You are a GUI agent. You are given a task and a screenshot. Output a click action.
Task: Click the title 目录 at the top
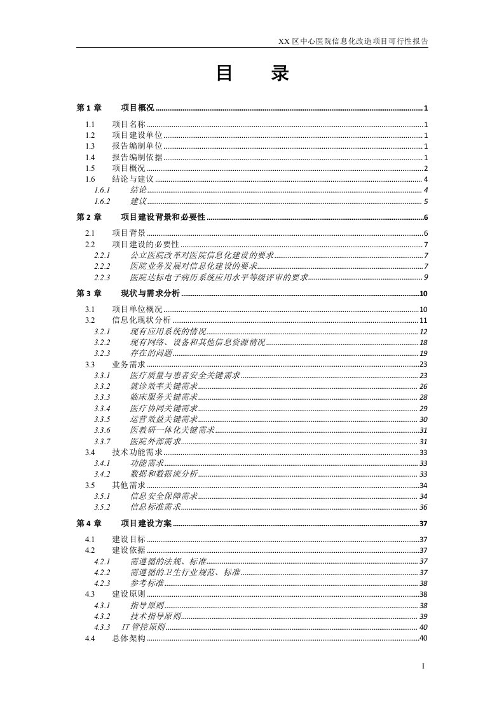[x=252, y=75]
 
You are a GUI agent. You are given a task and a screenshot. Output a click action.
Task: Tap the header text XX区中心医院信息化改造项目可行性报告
[x=353, y=41]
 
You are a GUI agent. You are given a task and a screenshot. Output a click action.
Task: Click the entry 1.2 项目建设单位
[x=137, y=135]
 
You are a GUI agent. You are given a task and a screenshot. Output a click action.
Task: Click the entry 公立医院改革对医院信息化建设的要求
[x=201, y=255]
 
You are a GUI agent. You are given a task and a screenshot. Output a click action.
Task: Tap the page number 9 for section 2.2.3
[x=426, y=278]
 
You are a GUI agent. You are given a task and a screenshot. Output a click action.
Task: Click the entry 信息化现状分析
[x=141, y=320]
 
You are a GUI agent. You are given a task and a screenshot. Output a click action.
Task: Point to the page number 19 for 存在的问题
[x=423, y=353]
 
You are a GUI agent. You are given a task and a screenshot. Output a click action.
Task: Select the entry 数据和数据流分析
[x=163, y=475]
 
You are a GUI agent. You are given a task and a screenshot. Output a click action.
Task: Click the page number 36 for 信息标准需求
[x=423, y=507]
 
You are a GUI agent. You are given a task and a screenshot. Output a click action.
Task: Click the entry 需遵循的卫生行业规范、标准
[x=185, y=573]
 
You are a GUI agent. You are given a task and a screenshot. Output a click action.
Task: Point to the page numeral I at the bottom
[x=423, y=666]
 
